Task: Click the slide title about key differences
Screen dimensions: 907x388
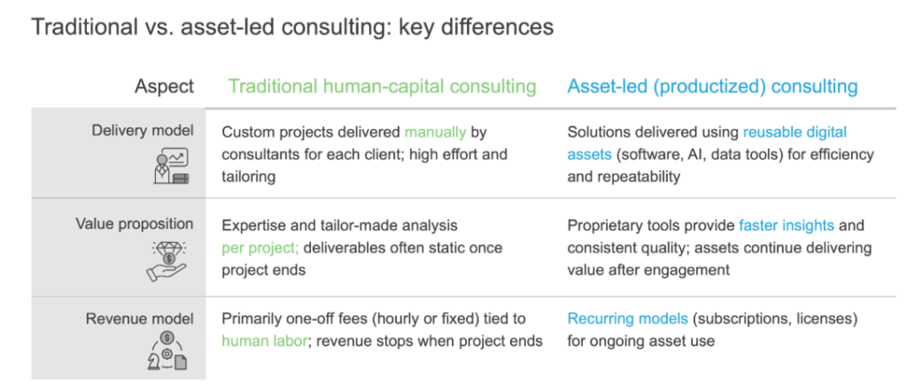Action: click(291, 27)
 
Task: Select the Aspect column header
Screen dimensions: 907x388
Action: click(164, 87)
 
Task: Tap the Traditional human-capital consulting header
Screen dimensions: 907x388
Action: click(383, 87)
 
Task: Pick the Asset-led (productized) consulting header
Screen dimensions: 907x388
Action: click(712, 87)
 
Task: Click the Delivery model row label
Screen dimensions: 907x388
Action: click(143, 131)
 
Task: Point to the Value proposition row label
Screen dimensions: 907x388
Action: click(135, 224)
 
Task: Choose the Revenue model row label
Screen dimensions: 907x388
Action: click(140, 319)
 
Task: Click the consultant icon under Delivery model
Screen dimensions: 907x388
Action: click(172, 167)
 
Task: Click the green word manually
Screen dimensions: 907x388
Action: click(435, 133)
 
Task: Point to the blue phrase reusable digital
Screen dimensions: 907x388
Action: click(795, 132)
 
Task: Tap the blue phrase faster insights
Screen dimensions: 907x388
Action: click(787, 226)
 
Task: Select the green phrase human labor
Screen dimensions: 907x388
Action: click(263, 341)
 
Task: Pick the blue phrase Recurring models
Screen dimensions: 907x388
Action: click(628, 319)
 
